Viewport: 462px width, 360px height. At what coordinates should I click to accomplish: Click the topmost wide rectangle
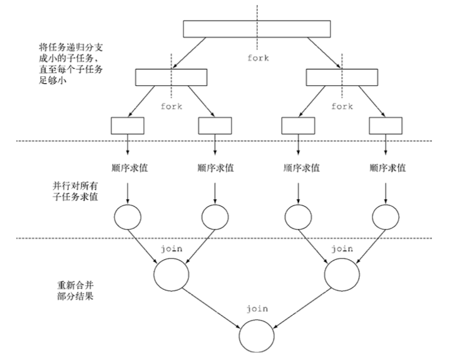pyautogui.click(x=257, y=29)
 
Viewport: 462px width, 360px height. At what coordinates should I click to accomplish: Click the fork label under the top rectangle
pyautogui.click(x=258, y=58)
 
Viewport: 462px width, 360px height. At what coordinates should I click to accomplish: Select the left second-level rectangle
pyautogui.click(x=170, y=77)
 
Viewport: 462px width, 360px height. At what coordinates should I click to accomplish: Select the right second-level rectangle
pyautogui.click(x=341, y=77)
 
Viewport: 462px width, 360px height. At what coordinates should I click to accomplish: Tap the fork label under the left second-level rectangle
pyautogui.click(x=172, y=106)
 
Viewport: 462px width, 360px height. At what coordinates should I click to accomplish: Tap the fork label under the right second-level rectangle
pyautogui.click(x=342, y=106)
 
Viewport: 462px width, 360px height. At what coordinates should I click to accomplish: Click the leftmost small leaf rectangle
pyautogui.click(x=127, y=125)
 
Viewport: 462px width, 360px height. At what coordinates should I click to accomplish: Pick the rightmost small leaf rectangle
pyautogui.click(x=385, y=125)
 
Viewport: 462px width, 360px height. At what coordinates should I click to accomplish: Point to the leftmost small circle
pyautogui.click(x=128, y=217)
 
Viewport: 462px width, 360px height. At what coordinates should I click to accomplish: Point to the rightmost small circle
pyautogui.click(x=385, y=217)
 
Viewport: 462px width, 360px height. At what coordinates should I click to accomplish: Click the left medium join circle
pyautogui.click(x=171, y=274)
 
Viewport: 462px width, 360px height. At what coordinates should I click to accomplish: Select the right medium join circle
pyautogui.click(x=342, y=274)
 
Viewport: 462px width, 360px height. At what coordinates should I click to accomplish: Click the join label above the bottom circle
pyautogui.click(x=257, y=309)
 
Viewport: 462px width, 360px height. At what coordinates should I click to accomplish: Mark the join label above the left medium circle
pyautogui.click(x=172, y=249)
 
